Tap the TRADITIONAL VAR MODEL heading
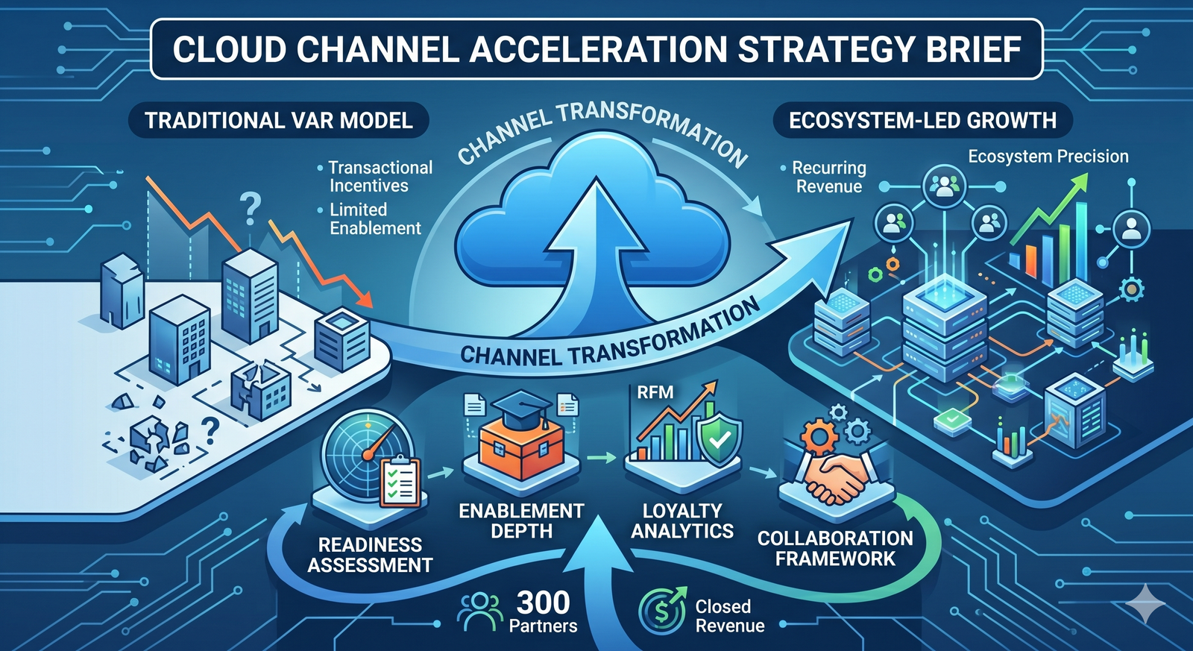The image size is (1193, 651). click(x=278, y=121)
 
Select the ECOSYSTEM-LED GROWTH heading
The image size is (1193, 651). click(x=922, y=121)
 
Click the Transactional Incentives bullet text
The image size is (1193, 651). click(x=380, y=177)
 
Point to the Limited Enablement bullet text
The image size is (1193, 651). click(x=375, y=218)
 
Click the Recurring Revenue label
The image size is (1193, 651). click(x=828, y=177)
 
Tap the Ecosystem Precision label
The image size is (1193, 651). click(x=1048, y=157)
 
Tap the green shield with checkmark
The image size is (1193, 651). click(x=719, y=440)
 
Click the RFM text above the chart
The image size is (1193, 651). click(x=655, y=392)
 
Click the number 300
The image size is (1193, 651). click(x=543, y=603)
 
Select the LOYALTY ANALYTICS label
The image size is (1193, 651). click(x=682, y=521)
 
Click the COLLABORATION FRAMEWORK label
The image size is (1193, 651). click(x=834, y=548)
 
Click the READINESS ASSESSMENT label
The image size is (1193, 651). click(x=370, y=555)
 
